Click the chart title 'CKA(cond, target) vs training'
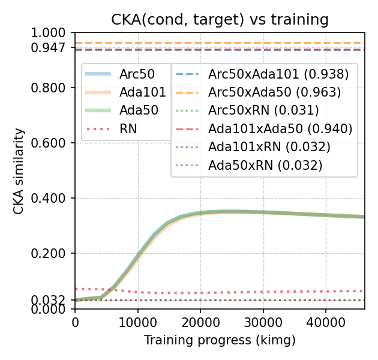220,19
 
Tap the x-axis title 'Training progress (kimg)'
220,341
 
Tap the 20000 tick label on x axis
200,322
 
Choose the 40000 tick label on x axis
325,322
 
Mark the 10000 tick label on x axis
138,322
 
